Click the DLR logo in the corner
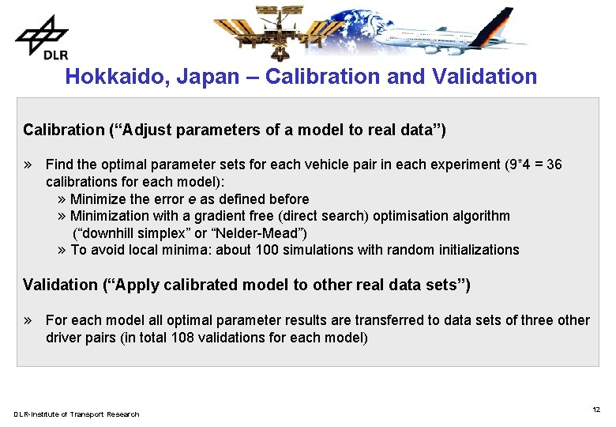42,37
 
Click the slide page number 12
596,410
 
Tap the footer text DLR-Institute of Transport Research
76,414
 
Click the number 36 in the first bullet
554,165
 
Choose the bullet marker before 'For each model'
28,320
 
